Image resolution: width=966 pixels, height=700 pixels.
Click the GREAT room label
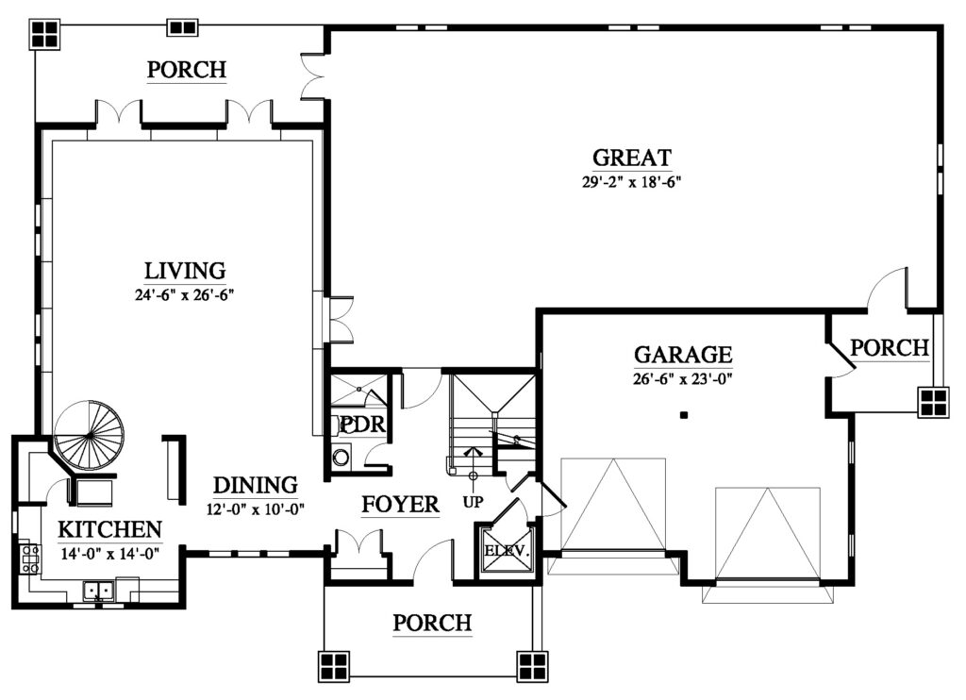[631, 158]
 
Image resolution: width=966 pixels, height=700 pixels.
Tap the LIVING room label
[185, 271]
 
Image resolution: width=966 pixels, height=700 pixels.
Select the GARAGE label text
[683, 355]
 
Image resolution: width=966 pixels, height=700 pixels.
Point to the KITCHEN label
[110, 529]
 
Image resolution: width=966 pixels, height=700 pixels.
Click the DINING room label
[255, 485]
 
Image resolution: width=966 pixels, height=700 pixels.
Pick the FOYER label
[400, 505]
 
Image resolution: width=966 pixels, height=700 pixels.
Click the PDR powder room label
[362, 425]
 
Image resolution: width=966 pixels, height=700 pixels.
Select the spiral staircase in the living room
[89, 436]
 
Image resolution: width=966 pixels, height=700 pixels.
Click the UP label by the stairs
[473, 502]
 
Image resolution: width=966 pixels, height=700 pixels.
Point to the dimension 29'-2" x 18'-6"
[631, 182]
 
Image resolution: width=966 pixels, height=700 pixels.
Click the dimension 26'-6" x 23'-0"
[683, 378]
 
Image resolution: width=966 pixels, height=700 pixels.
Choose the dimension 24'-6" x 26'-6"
[185, 294]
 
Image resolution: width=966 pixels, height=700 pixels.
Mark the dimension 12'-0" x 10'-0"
[255, 509]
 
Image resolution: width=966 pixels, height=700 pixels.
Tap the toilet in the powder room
[341, 458]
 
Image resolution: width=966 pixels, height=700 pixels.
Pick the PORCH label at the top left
[187, 70]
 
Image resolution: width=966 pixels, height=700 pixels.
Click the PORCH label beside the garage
[889, 348]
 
